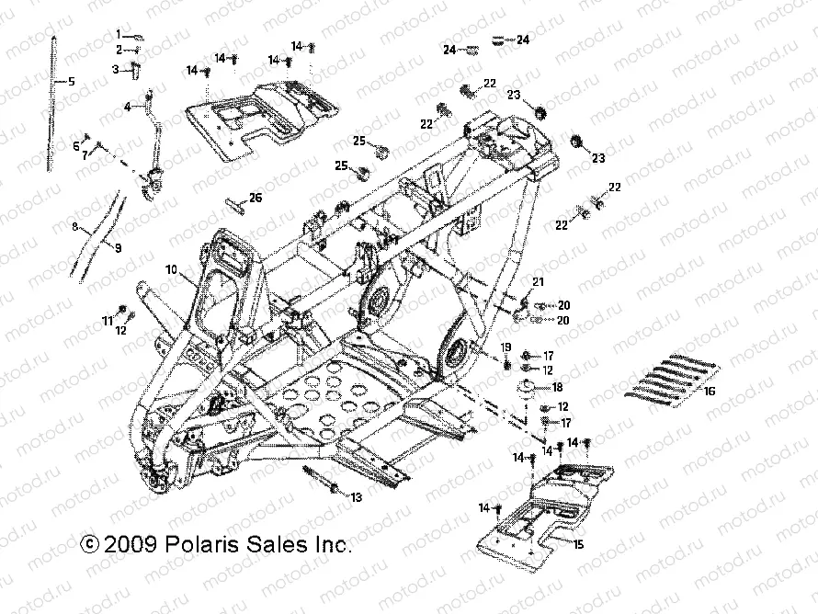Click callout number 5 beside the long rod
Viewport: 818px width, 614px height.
(x=71, y=82)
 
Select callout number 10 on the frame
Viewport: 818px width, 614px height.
(x=171, y=270)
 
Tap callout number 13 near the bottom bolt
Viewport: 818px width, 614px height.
(x=357, y=496)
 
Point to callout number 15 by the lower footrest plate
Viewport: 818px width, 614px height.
(x=578, y=544)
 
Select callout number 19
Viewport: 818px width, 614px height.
(x=506, y=347)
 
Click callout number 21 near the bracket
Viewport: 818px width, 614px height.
(x=539, y=281)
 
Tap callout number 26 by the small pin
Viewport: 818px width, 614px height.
(x=256, y=198)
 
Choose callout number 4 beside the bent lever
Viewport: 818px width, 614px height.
(x=129, y=107)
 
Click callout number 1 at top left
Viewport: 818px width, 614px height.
(x=119, y=34)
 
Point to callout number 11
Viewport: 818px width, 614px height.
(x=108, y=320)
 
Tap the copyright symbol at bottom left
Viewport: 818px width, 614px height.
(x=89, y=544)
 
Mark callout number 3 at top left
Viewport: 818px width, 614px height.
(x=117, y=68)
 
